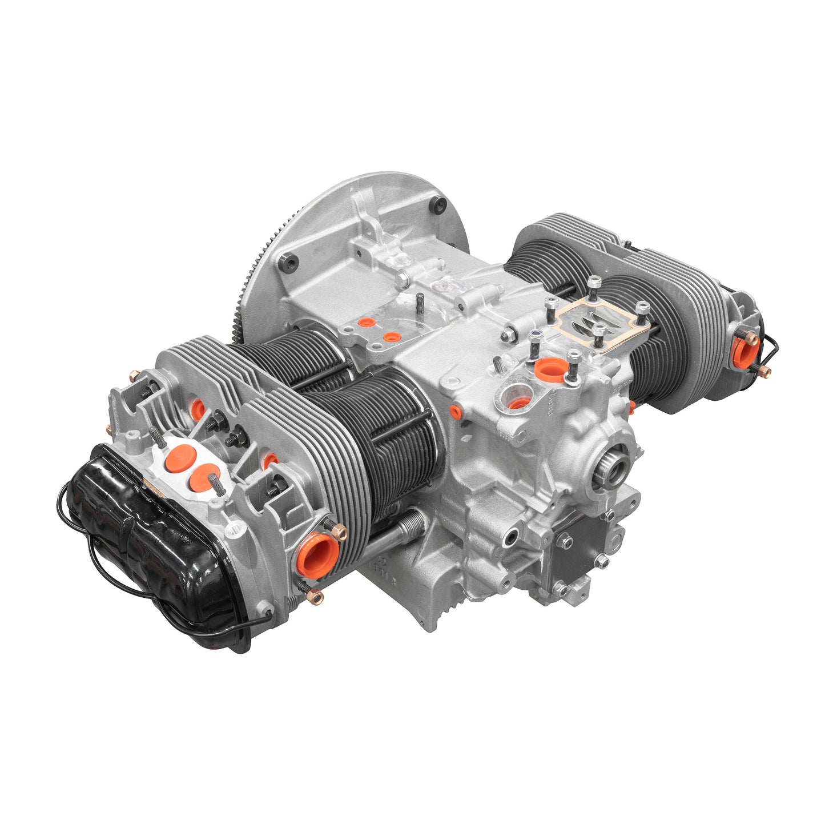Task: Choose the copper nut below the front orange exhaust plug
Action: point(316,597)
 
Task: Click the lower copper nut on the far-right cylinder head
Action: point(764,372)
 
